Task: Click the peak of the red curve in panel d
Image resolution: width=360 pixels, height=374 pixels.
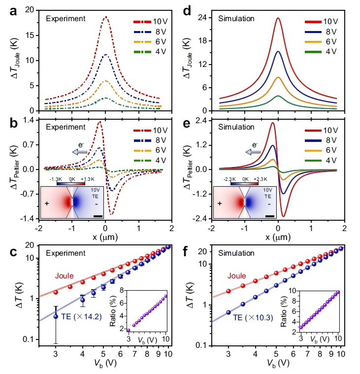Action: click(278, 18)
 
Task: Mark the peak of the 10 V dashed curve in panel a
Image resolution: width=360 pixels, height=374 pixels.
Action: click(105, 17)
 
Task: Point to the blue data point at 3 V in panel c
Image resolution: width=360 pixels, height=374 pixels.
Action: click(56, 316)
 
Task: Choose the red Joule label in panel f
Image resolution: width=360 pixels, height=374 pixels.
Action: click(236, 277)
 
